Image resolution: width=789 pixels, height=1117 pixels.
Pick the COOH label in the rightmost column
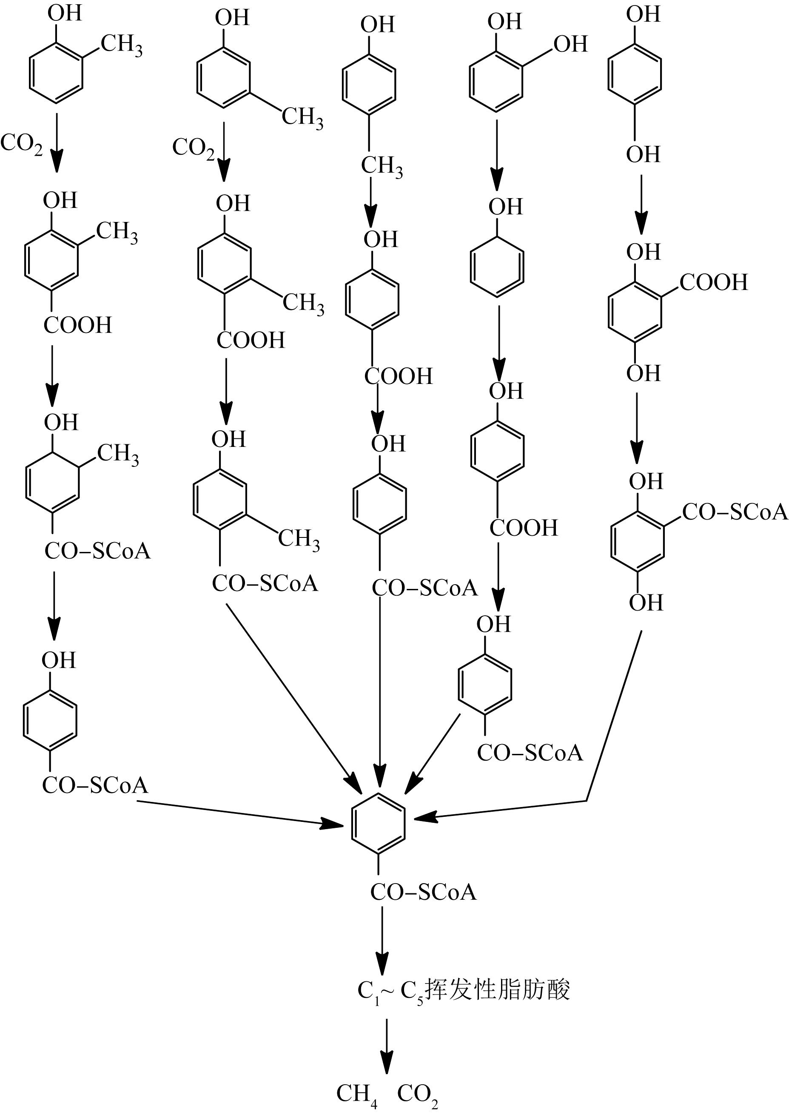(713, 282)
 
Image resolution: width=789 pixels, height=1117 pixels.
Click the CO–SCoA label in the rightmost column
(735, 512)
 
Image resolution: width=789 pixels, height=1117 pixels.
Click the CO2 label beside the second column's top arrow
(193, 148)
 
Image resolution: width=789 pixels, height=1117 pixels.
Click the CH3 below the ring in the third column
(382, 166)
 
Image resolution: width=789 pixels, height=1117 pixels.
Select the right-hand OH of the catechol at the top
(570, 44)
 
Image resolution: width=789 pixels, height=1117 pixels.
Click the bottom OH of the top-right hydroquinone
(643, 154)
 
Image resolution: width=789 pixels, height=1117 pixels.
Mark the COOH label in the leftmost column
(78, 325)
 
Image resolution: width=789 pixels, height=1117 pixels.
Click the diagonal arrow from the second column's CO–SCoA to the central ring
(292, 691)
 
